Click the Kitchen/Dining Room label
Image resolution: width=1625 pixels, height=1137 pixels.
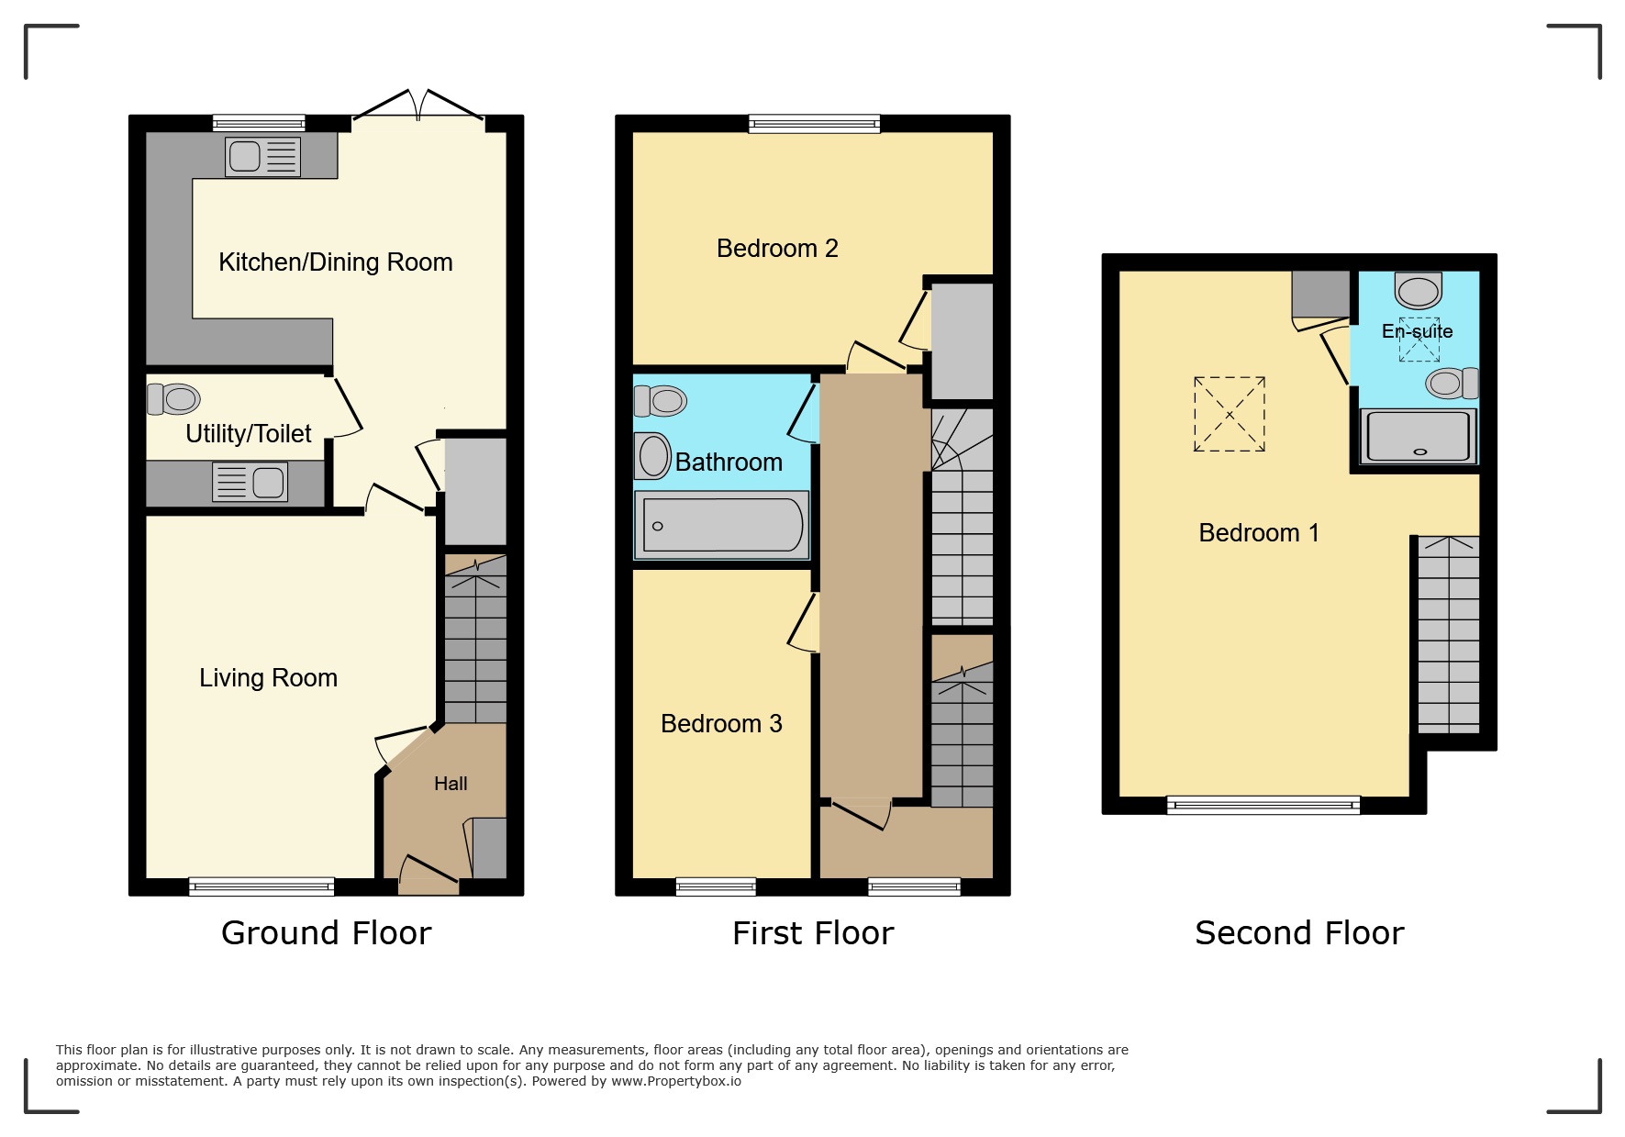pos(335,262)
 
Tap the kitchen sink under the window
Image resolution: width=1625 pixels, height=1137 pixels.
pos(262,156)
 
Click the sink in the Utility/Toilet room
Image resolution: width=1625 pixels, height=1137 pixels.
pos(250,482)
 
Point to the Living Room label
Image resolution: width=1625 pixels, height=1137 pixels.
pos(268,678)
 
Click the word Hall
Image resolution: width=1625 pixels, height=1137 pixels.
pos(451,784)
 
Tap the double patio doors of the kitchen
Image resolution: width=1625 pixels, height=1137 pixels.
pos(418,108)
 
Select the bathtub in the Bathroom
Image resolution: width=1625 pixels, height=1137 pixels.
pos(722,525)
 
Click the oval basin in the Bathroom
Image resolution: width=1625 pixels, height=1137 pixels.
pos(653,456)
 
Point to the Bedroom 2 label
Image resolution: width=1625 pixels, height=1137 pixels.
pos(777,249)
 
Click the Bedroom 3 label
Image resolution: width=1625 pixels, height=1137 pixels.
pos(721,724)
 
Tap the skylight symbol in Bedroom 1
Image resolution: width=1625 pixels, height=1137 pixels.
pos(1230,414)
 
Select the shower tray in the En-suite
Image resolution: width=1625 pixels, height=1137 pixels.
pos(1418,436)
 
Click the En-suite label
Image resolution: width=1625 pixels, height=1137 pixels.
pos(1417,331)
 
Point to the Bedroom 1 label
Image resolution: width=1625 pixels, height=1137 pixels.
pos(1259,533)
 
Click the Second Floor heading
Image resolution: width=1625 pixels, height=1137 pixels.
pos(1299,933)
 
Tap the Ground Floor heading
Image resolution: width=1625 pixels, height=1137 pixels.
pos(326,933)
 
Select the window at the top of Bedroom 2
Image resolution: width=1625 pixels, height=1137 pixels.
pos(814,124)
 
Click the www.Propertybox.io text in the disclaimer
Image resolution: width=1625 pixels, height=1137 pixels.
pos(676,1081)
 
